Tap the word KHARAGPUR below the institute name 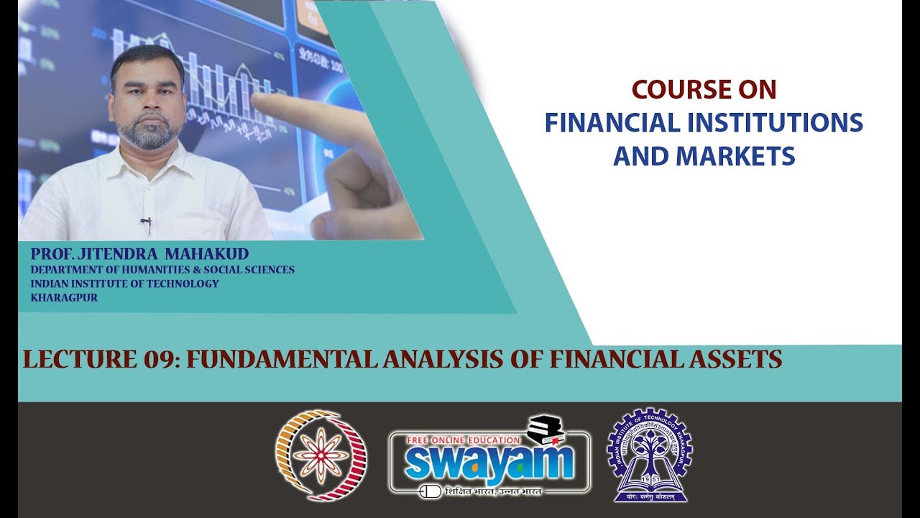[64, 297]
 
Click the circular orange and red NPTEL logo [321, 455]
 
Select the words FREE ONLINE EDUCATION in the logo [464, 440]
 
